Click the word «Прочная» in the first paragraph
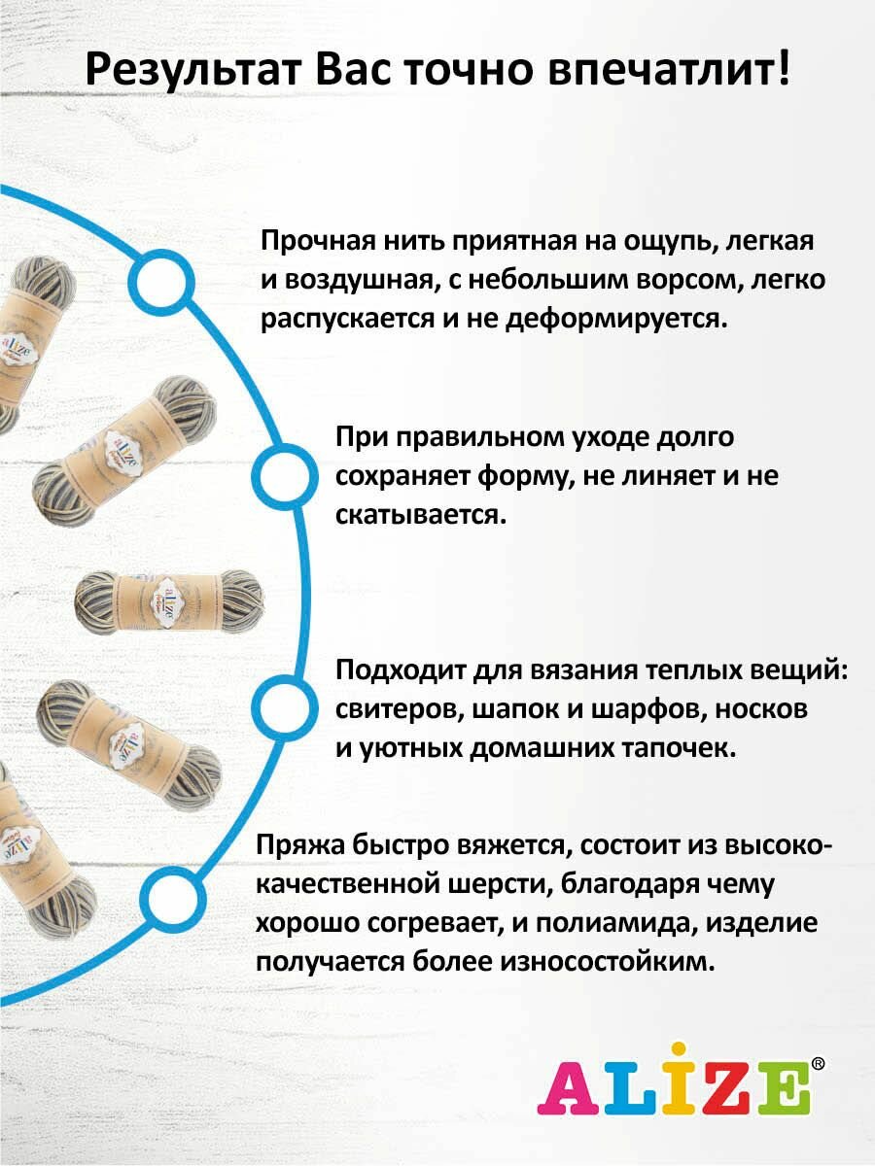(315, 242)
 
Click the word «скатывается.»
(421, 515)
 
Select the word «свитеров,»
(398, 709)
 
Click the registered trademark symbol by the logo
(818, 1065)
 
